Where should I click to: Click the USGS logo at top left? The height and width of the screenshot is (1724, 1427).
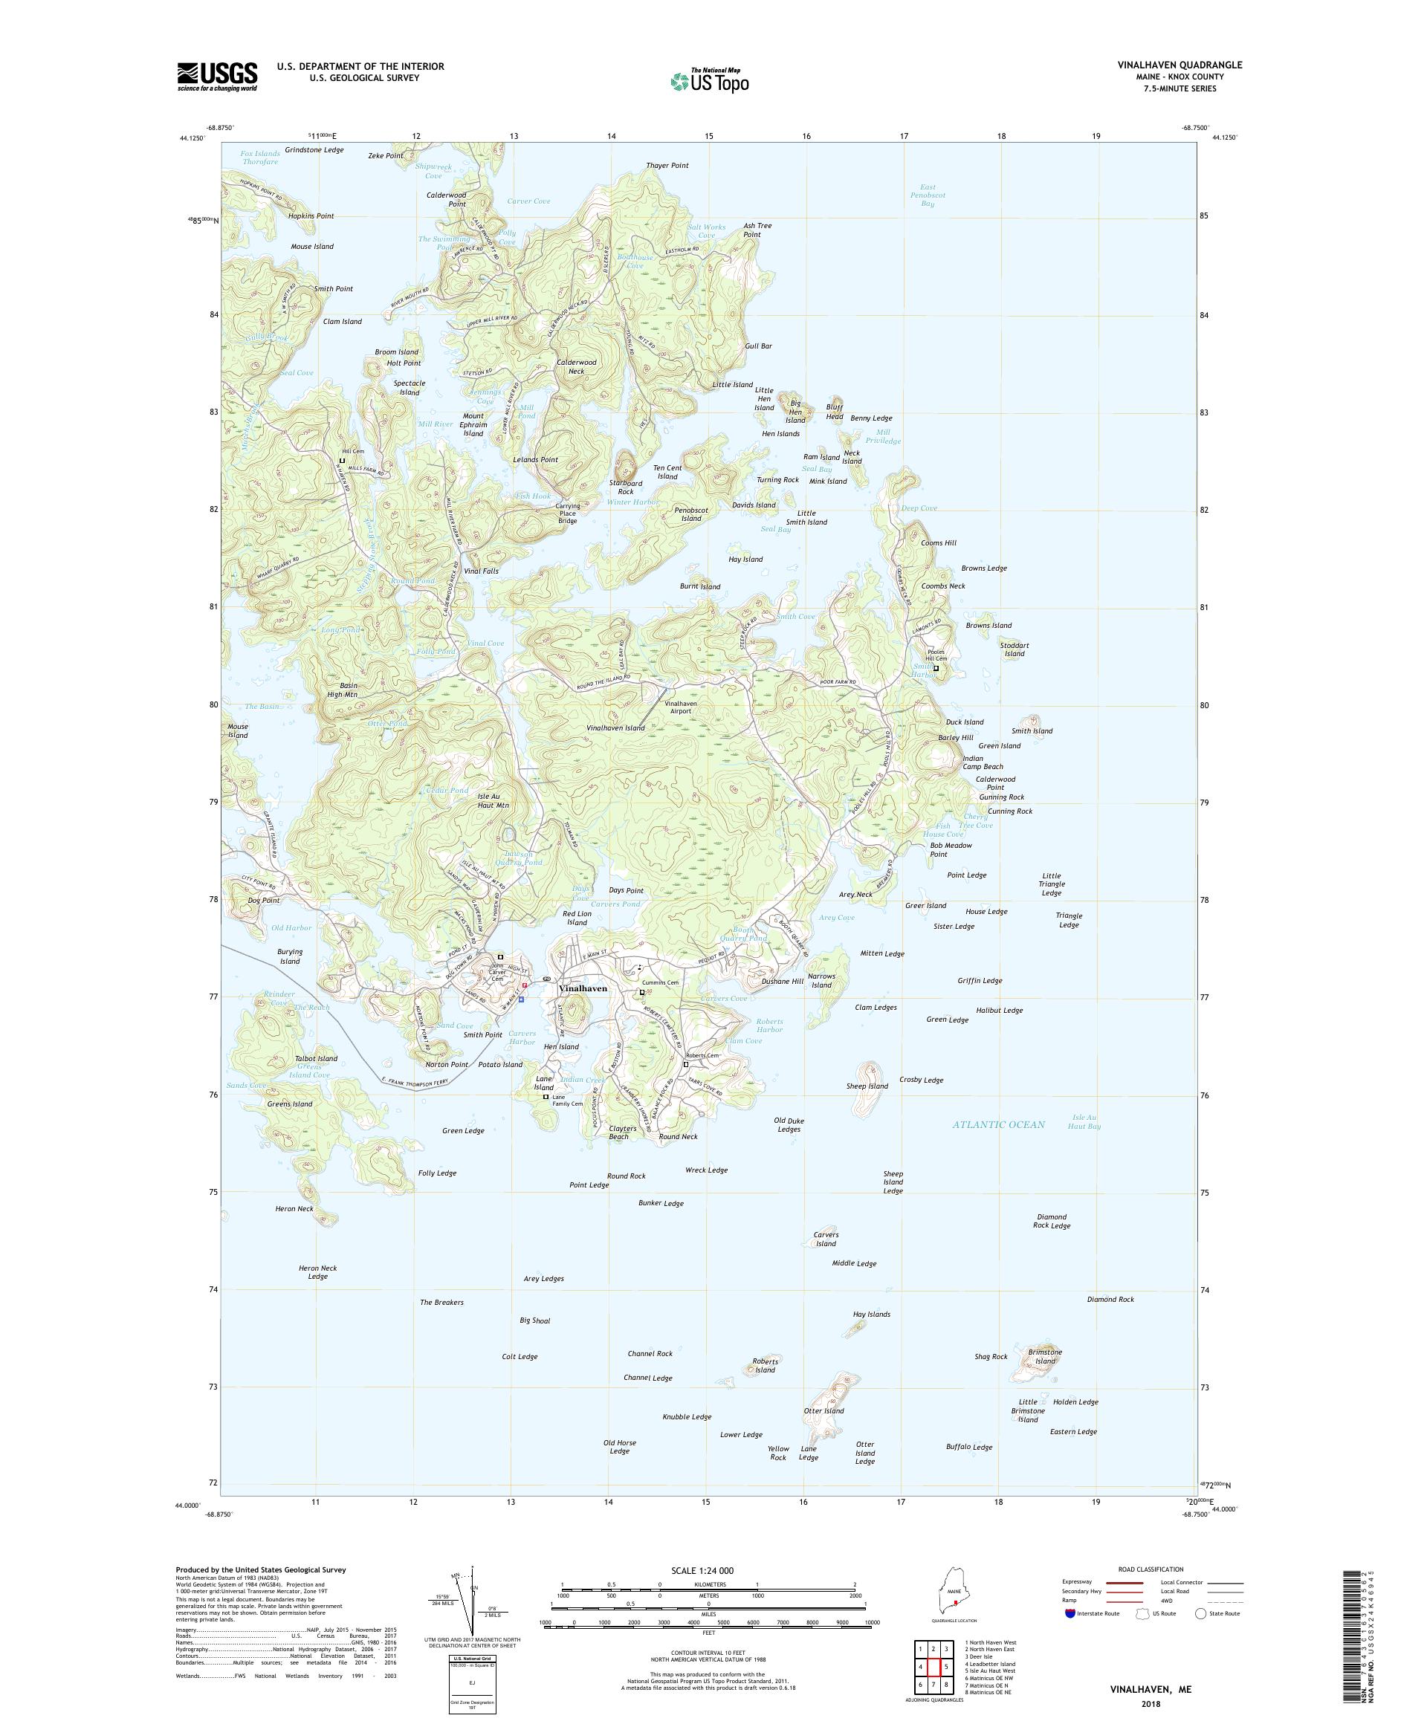tap(218, 77)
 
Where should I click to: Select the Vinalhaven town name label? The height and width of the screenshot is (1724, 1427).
tap(582, 988)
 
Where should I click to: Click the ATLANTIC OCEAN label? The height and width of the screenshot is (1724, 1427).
tap(998, 1124)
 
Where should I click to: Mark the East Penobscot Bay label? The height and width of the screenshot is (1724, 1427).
tap(927, 195)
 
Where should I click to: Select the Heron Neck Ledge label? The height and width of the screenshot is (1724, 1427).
tap(318, 1271)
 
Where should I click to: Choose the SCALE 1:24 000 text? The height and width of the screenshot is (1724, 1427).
tap(708, 1570)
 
